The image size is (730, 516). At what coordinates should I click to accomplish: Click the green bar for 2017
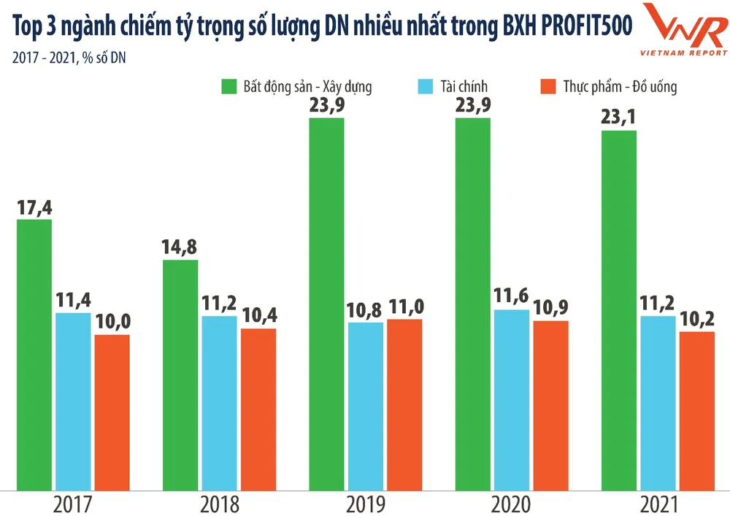pos(34,354)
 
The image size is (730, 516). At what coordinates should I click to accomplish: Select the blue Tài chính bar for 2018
pos(219,402)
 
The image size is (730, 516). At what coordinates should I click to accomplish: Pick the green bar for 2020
pos(473,303)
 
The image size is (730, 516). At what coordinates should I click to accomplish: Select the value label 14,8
pos(180,247)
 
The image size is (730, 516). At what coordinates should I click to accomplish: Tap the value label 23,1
pos(619,118)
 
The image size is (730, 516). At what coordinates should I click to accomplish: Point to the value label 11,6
pos(512,296)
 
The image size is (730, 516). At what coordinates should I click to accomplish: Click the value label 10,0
pos(112,322)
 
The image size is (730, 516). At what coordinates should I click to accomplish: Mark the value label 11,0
pos(405,307)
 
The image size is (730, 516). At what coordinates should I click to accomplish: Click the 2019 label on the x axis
pos(366,504)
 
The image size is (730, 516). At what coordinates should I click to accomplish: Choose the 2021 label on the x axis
pos(658,504)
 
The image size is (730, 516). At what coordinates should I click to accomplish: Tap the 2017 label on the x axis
pos(73,504)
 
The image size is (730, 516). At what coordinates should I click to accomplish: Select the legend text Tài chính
pos(464,87)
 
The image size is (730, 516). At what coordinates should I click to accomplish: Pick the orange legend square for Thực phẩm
pos(547,87)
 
